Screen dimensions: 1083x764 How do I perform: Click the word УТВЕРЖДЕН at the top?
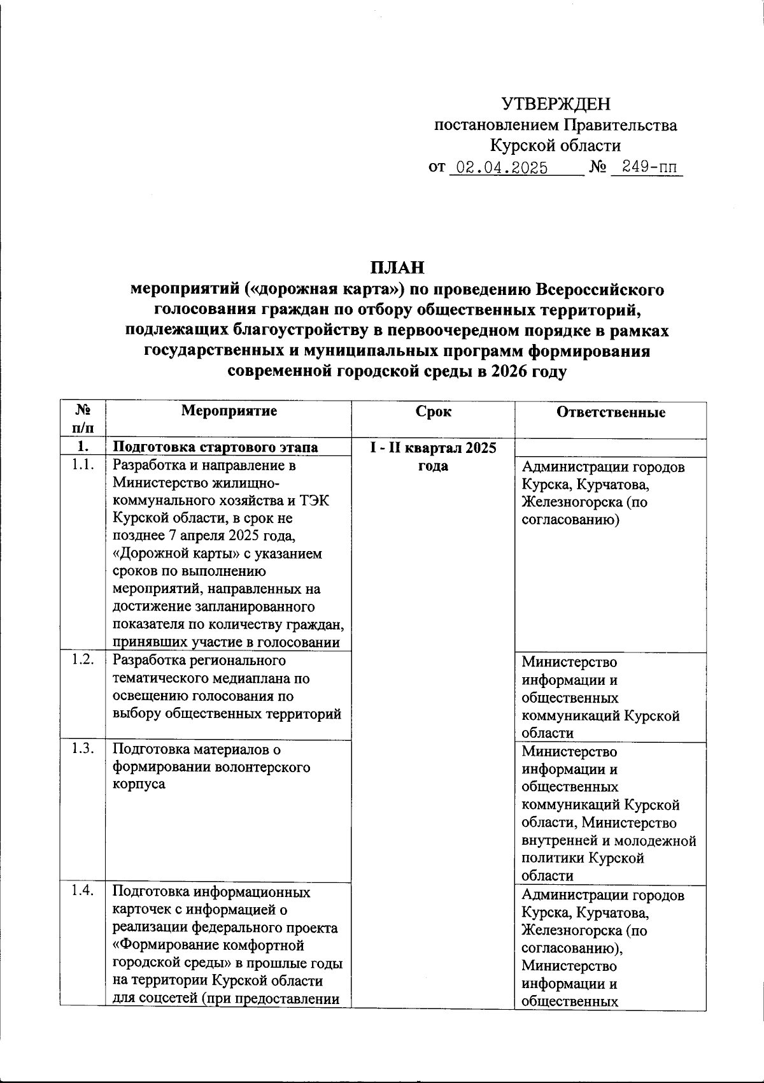[555, 104]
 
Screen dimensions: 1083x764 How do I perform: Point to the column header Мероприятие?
[229, 411]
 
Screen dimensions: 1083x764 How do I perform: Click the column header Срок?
[434, 412]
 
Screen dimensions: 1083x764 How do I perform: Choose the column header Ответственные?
[611, 412]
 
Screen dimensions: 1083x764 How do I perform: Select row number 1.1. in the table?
[83, 465]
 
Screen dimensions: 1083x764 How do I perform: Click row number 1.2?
[83, 659]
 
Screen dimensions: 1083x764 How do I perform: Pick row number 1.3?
[83, 749]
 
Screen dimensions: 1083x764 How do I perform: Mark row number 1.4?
[83, 891]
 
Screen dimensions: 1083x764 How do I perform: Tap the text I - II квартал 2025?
[434, 447]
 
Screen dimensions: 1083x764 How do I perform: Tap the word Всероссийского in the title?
[600, 289]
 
